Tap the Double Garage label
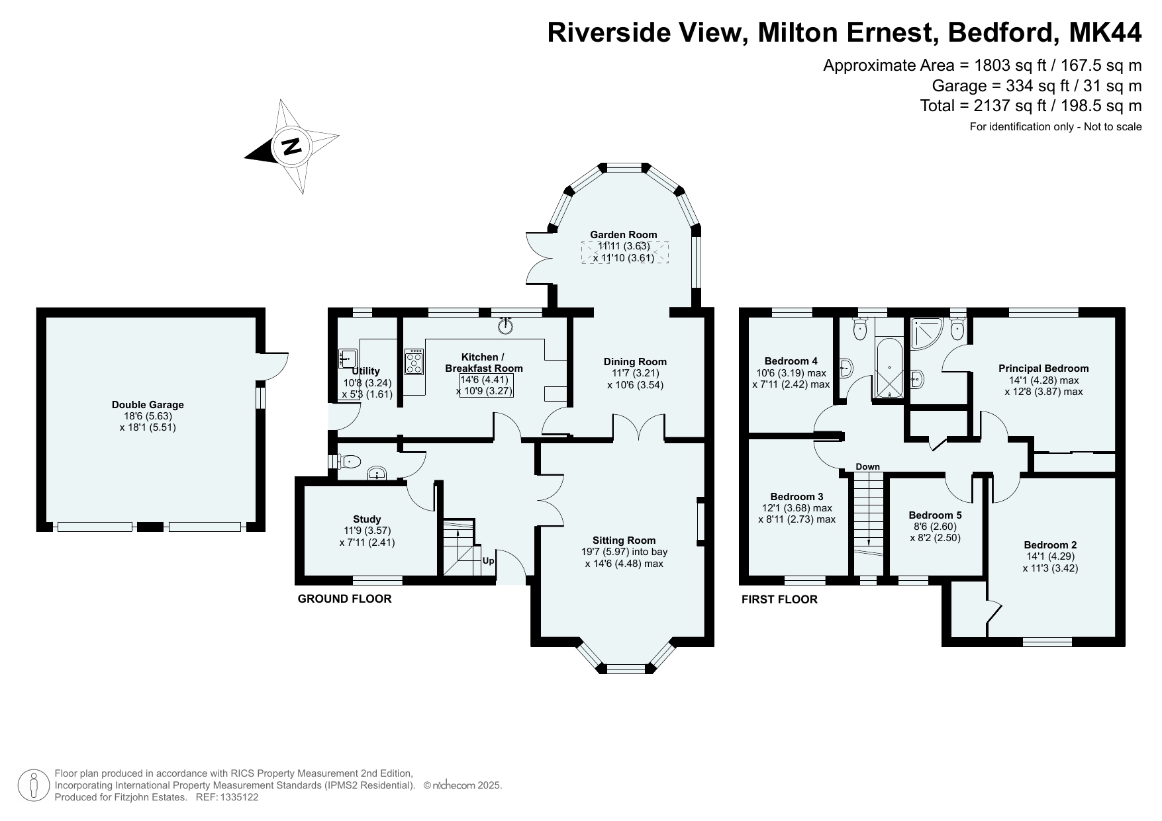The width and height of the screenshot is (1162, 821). click(148, 405)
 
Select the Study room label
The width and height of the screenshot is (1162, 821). click(367, 519)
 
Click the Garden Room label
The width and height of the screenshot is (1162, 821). click(624, 234)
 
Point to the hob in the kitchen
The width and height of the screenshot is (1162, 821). click(414, 362)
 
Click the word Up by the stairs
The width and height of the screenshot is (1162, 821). click(488, 561)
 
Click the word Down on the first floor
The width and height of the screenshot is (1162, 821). click(867, 466)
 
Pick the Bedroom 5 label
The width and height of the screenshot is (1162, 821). click(935, 515)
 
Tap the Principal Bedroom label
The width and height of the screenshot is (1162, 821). click(1043, 368)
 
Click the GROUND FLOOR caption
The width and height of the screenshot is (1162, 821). click(344, 599)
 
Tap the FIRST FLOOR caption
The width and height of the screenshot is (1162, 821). click(779, 599)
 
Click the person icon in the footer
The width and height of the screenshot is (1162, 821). click(32, 785)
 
